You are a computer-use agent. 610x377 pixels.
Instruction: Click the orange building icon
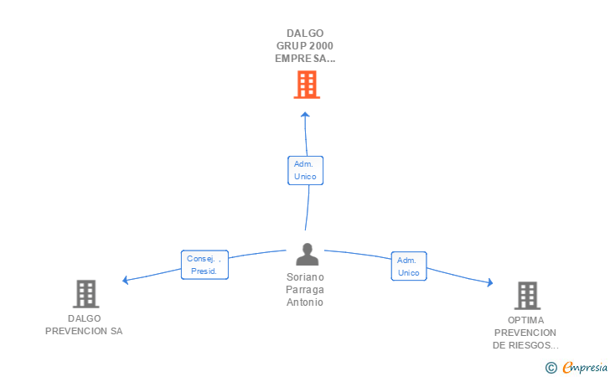[x=307, y=85]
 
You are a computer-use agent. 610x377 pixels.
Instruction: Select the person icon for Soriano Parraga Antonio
[x=307, y=255]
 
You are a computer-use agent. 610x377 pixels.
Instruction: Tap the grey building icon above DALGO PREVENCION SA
[x=86, y=294]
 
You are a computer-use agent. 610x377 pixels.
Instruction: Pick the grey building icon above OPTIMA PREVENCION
[x=528, y=296]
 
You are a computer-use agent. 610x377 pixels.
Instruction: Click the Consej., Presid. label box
[x=204, y=265]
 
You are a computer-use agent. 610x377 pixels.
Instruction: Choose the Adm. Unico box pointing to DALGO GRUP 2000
[x=305, y=170]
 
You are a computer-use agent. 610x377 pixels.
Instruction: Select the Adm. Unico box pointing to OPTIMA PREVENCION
[x=409, y=266]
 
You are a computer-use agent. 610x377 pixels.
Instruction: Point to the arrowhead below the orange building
[x=305, y=115]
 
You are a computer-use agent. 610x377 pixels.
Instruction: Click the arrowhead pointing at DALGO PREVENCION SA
[x=126, y=280]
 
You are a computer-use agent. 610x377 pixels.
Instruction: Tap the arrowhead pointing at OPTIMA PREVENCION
[x=490, y=282]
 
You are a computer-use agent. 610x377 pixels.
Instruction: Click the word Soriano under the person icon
[x=305, y=277]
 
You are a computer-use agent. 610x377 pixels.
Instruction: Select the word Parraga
[x=305, y=290]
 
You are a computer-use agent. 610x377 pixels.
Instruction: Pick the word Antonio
[x=305, y=302]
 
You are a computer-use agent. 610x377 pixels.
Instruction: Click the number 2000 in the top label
[x=322, y=46]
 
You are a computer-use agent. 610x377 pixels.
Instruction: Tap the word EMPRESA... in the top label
[x=305, y=59]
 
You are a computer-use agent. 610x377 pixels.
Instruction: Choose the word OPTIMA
[x=525, y=320]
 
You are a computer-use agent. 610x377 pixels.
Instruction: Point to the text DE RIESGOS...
[x=525, y=345]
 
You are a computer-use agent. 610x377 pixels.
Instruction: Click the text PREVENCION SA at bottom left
[x=84, y=331]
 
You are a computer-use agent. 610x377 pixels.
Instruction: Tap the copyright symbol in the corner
[x=551, y=368]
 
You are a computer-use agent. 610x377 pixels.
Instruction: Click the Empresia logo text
[x=585, y=368]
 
